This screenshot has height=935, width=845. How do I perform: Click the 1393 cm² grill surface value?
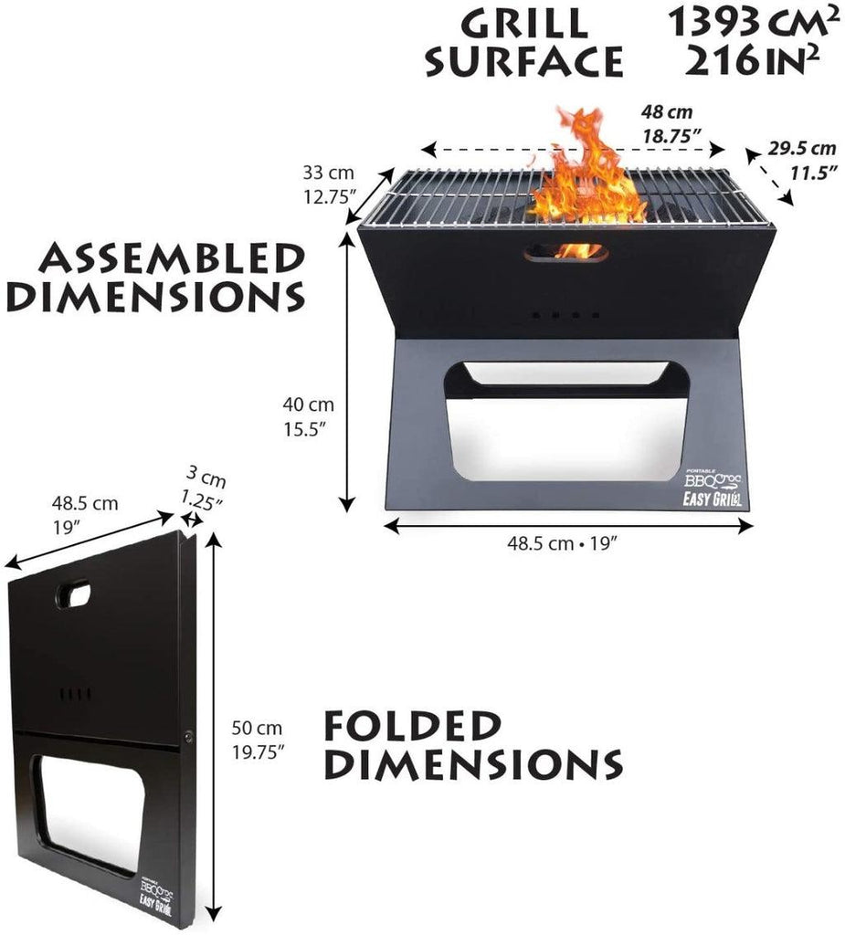[x=749, y=23]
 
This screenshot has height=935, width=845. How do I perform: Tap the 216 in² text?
[x=752, y=60]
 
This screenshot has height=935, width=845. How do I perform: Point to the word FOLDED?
[x=412, y=726]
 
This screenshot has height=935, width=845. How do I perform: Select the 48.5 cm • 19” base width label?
[x=562, y=543]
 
